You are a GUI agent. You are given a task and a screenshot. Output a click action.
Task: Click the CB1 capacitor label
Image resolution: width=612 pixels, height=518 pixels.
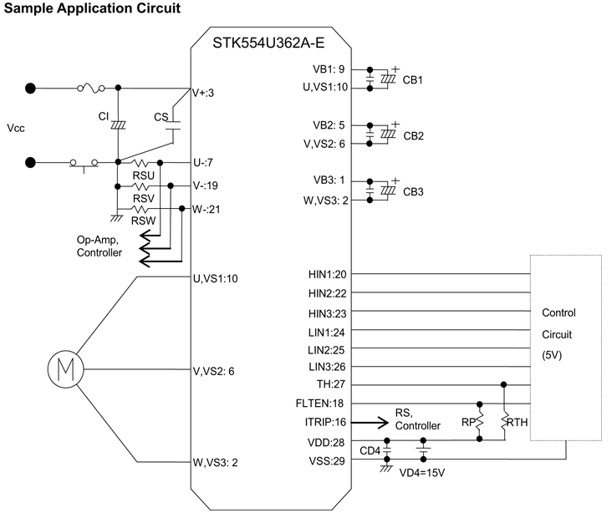(413, 81)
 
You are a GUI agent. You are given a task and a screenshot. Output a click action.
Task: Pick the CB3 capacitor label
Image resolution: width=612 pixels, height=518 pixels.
(413, 191)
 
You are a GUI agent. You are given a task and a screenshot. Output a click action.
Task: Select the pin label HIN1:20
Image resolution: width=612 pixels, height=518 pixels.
(327, 274)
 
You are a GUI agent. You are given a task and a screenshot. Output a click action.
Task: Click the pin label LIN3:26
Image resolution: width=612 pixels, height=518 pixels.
(327, 366)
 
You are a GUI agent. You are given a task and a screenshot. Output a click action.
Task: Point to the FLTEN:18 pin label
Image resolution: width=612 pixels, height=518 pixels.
(324, 403)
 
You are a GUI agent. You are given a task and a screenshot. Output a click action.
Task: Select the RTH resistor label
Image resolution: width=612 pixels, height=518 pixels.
(518, 423)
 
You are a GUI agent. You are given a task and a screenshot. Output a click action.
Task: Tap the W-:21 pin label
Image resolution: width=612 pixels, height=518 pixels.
(208, 209)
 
